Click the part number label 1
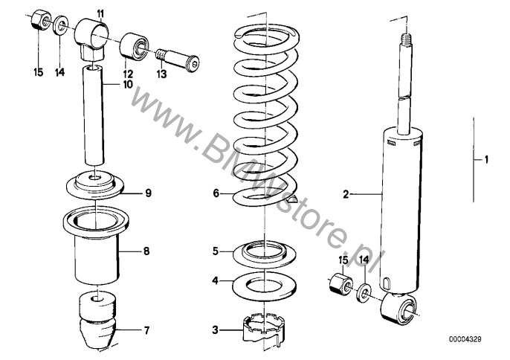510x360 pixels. point(486,158)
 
